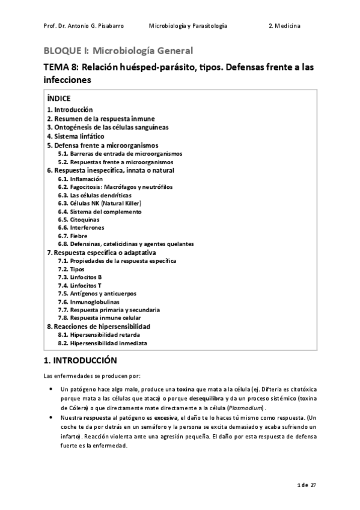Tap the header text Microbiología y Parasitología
click(x=188, y=26)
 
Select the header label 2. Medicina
click(x=285, y=26)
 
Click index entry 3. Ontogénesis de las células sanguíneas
click(x=108, y=127)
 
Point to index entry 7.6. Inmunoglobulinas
click(x=88, y=301)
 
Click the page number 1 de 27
click(x=306, y=485)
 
